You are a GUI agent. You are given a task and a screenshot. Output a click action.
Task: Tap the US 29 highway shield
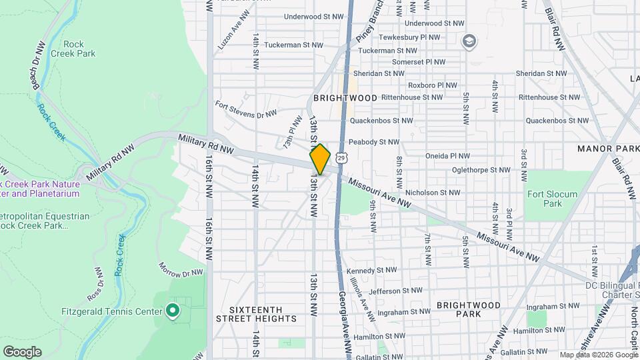pos(341,158)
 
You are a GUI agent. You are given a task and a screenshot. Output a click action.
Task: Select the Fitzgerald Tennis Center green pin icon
pos(172,311)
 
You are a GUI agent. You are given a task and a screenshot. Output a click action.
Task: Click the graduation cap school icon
pos(469,41)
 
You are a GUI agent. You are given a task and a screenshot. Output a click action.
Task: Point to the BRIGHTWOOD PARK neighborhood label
pos(468,309)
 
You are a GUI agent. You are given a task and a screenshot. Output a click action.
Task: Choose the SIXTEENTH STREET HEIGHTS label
pos(256,314)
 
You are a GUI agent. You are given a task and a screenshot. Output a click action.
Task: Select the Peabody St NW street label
pos(374,142)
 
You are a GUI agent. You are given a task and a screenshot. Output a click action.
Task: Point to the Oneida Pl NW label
pos(447,156)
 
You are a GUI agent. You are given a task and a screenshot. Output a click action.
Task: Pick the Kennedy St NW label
pos(371,270)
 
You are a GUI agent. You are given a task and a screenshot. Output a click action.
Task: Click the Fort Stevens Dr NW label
pos(246,109)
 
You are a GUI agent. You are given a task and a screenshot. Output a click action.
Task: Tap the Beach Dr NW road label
pos(38,66)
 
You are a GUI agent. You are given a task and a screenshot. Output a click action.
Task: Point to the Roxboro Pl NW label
pos(433,85)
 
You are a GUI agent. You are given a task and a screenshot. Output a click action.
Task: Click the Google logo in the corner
pos(22,351)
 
